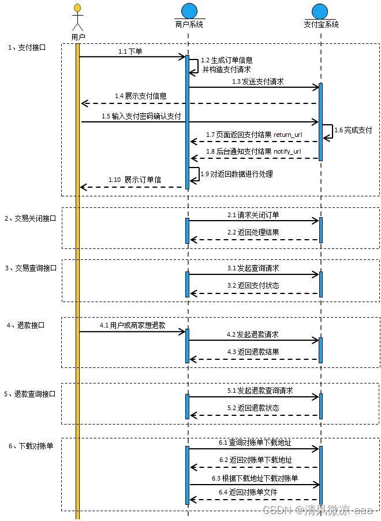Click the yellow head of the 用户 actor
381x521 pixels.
click(x=77, y=8)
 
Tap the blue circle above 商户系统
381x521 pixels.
click(x=189, y=11)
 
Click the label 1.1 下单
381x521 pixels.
click(x=130, y=51)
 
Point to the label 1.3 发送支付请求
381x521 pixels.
click(x=258, y=82)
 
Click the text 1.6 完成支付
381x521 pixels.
click(x=353, y=130)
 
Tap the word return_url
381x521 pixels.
click(x=287, y=135)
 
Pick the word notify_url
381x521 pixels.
click(x=287, y=151)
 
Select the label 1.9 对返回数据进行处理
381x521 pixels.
click(x=237, y=174)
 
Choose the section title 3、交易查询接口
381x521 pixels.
click(x=31, y=268)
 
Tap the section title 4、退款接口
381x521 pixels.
click(x=25, y=325)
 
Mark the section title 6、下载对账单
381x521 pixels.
click(x=31, y=446)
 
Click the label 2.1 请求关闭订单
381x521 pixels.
click(x=253, y=215)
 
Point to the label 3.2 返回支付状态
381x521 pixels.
click(x=253, y=285)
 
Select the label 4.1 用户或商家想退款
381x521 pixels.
click(x=133, y=326)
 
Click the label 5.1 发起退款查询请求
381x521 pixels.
click(x=260, y=391)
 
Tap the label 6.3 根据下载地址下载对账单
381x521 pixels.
click(x=255, y=479)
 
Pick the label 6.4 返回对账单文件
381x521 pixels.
click(x=248, y=492)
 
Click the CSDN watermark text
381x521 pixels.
click(x=319, y=511)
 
